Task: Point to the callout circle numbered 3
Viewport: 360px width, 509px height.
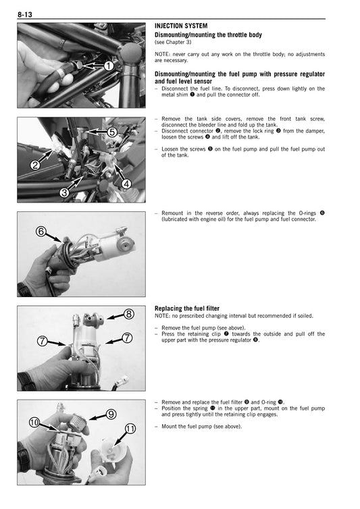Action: (x=64, y=192)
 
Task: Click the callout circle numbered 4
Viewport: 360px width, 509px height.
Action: (x=125, y=184)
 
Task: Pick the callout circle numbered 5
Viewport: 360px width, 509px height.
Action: (x=112, y=132)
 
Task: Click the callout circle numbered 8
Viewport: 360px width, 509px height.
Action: (x=128, y=314)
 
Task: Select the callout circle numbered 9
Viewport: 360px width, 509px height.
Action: (x=111, y=414)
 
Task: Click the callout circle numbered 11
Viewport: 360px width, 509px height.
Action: (x=130, y=429)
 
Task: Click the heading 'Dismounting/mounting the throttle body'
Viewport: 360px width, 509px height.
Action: (x=208, y=34)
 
